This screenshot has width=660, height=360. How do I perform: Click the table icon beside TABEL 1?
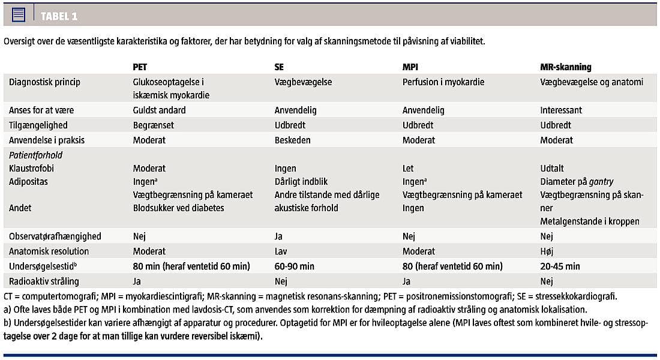click(x=19, y=16)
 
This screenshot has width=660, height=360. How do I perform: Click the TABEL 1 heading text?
click(x=59, y=16)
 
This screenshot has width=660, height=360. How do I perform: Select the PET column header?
click(x=140, y=67)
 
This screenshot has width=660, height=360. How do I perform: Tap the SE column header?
click(x=279, y=67)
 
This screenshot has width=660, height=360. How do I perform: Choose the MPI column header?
click(x=410, y=67)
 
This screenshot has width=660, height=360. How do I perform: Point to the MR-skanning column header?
click(x=566, y=67)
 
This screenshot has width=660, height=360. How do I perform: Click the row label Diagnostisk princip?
click(x=44, y=82)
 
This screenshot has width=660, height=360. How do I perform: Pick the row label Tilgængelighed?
click(x=38, y=125)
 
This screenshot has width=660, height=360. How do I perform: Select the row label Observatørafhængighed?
click(x=55, y=236)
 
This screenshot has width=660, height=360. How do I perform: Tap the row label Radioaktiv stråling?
click(x=44, y=281)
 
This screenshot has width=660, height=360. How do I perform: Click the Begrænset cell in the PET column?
click(x=154, y=125)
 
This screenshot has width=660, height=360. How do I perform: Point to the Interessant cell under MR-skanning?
click(x=561, y=110)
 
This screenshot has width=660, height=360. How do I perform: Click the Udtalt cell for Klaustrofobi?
click(x=552, y=169)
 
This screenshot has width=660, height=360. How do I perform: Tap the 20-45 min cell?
click(x=560, y=266)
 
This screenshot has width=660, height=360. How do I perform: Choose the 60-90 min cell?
click(x=295, y=266)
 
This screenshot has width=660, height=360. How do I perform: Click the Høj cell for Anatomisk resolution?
click(x=547, y=251)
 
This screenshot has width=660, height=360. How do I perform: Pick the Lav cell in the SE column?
click(x=281, y=251)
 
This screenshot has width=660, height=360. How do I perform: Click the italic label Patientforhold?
click(x=35, y=155)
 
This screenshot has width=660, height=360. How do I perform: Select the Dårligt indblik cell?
click(x=301, y=181)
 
